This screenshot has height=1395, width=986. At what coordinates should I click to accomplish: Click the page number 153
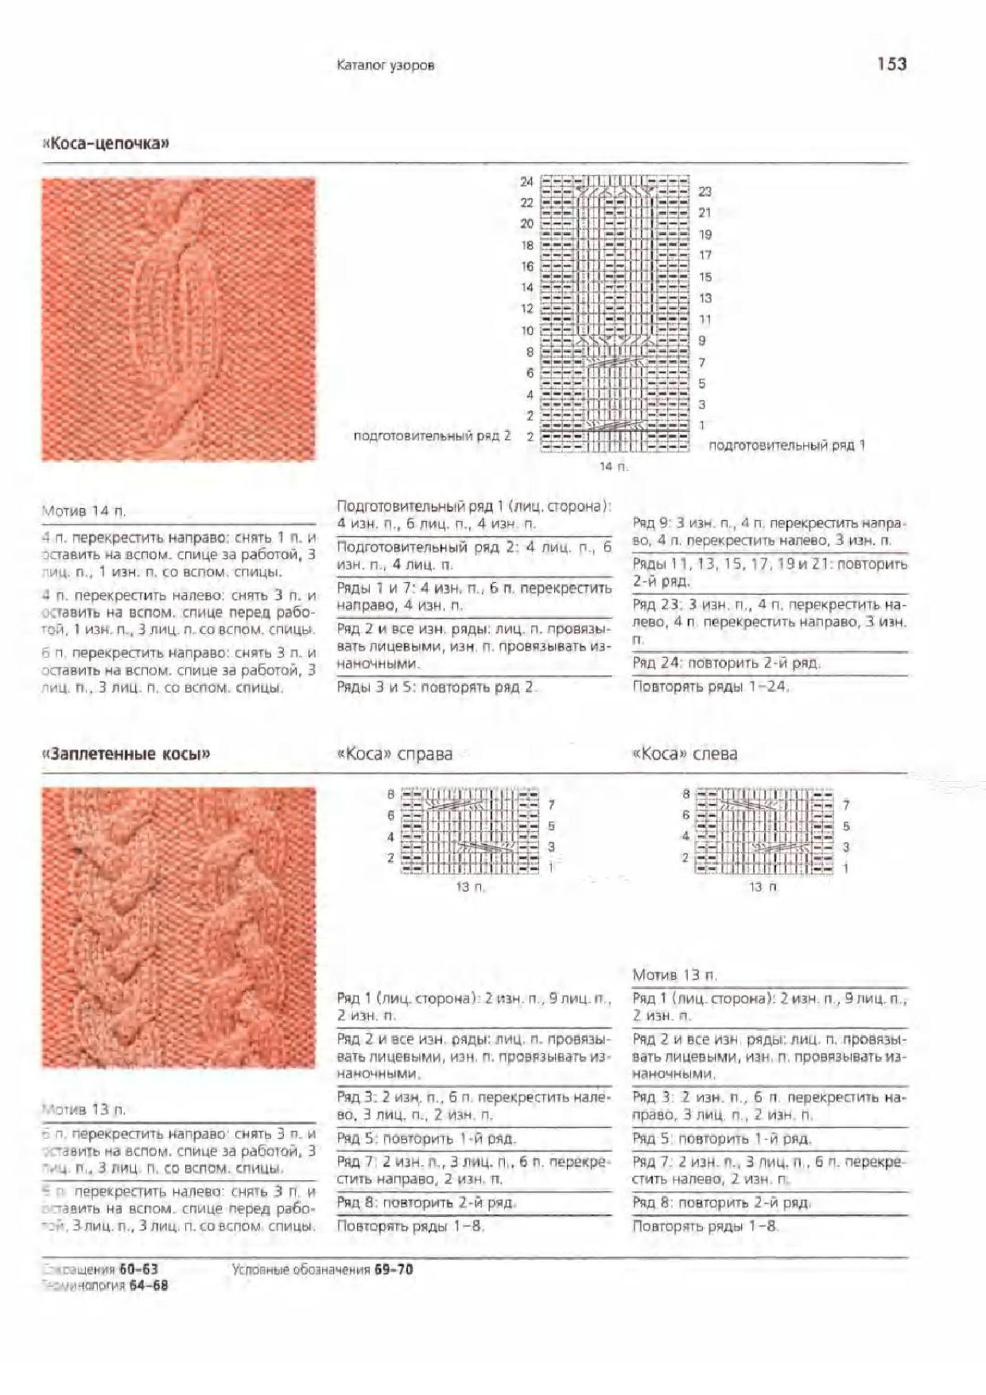[x=891, y=64]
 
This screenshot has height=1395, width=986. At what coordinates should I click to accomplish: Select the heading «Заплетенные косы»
[x=126, y=754]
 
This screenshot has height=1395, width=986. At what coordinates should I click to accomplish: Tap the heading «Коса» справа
[x=394, y=754]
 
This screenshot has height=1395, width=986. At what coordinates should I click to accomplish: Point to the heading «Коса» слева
[x=684, y=754]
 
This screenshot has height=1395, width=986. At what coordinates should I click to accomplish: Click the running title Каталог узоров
[x=386, y=65]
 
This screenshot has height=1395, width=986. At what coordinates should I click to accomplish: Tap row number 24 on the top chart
[x=526, y=181]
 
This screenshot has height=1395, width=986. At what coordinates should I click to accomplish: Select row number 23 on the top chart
[x=705, y=192]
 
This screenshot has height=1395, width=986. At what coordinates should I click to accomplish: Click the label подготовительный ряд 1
[x=786, y=445]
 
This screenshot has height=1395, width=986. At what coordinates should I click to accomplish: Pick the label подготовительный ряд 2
[x=432, y=436]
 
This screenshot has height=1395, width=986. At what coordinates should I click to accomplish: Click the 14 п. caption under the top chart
[x=613, y=466]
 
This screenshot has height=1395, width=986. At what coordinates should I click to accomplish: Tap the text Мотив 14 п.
[x=83, y=511]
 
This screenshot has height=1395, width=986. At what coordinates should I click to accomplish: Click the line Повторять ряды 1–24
[x=710, y=686]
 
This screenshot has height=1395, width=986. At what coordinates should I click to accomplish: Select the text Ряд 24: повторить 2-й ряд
[x=725, y=663]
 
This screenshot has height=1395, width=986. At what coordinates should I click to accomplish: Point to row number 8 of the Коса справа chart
[x=391, y=794]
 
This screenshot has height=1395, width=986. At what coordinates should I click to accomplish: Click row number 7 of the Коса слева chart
[x=846, y=805]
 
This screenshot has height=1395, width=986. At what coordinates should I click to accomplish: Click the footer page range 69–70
[x=394, y=1270]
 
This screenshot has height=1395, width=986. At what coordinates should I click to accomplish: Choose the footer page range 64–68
[x=149, y=1285]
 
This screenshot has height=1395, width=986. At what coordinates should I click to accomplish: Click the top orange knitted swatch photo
[x=178, y=319]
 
